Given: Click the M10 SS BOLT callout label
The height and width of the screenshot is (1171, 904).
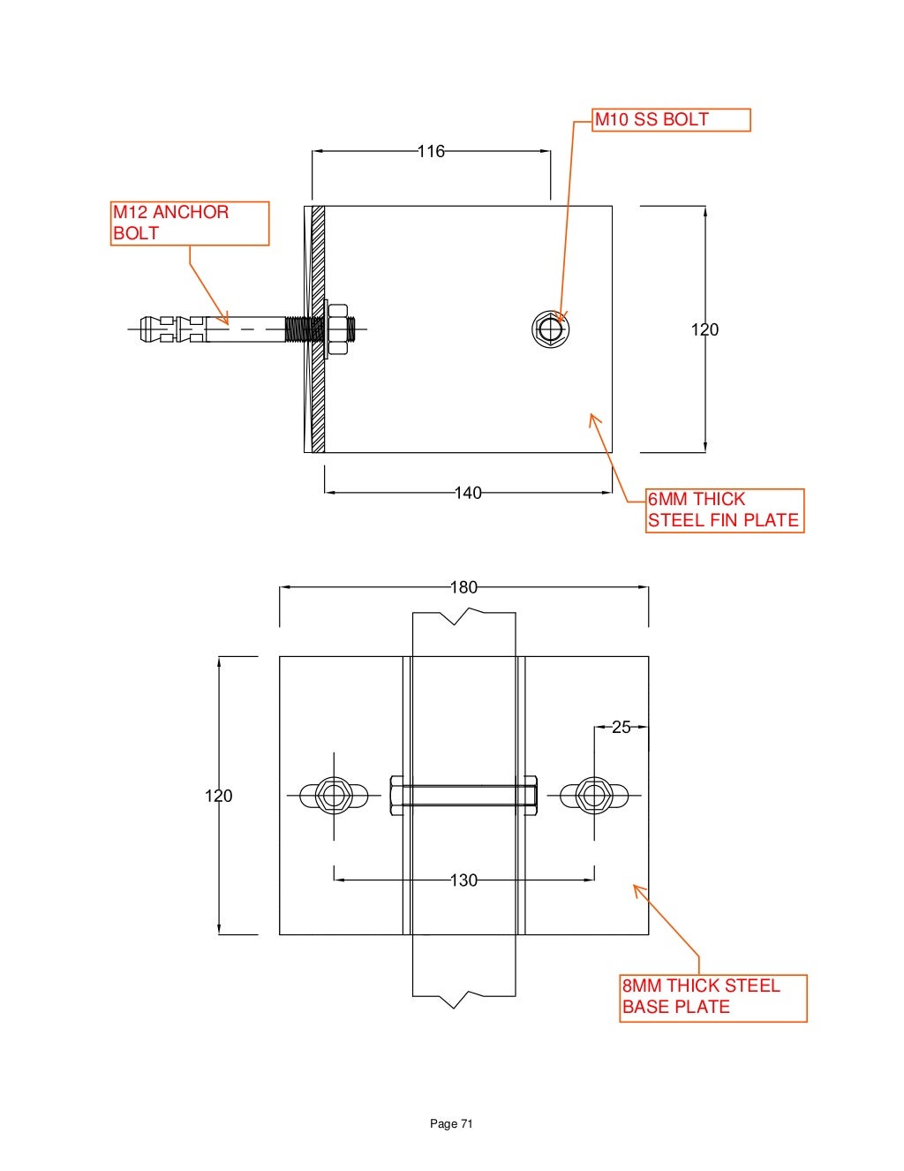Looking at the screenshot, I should pyautogui.click(x=671, y=120).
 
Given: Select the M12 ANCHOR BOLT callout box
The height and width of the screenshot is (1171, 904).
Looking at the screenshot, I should pyautogui.click(x=189, y=223).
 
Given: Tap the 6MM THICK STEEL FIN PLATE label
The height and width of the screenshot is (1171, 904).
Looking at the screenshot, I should pyautogui.click(x=724, y=510).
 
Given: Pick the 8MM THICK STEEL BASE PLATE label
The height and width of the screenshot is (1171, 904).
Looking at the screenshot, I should pyautogui.click(x=713, y=997).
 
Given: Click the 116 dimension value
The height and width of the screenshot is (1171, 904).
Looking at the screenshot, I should pyautogui.click(x=431, y=152).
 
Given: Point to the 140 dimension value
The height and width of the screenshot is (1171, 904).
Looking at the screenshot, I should pyautogui.click(x=468, y=493).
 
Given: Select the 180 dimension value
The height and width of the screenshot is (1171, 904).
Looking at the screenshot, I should pyautogui.click(x=463, y=587).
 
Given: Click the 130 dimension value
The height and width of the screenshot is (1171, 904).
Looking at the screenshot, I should pyautogui.click(x=463, y=880).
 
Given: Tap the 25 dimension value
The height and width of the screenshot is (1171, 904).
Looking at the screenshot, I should pyautogui.click(x=621, y=728).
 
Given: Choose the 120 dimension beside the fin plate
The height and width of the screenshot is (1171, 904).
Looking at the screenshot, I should pyautogui.click(x=704, y=330).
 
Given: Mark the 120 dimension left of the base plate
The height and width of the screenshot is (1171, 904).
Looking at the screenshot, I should pyautogui.click(x=219, y=797).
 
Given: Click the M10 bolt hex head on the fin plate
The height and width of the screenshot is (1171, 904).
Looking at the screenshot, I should pyautogui.click(x=551, y=329).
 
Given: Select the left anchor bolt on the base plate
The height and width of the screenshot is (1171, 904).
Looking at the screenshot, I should pyautogui.click(x=334, y=796).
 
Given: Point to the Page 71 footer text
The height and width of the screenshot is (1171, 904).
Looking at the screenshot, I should pyautogui.click(x=451, y=1123).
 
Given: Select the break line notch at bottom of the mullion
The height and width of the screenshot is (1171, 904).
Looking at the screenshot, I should pyautogui.click(x=454, y=1001).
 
